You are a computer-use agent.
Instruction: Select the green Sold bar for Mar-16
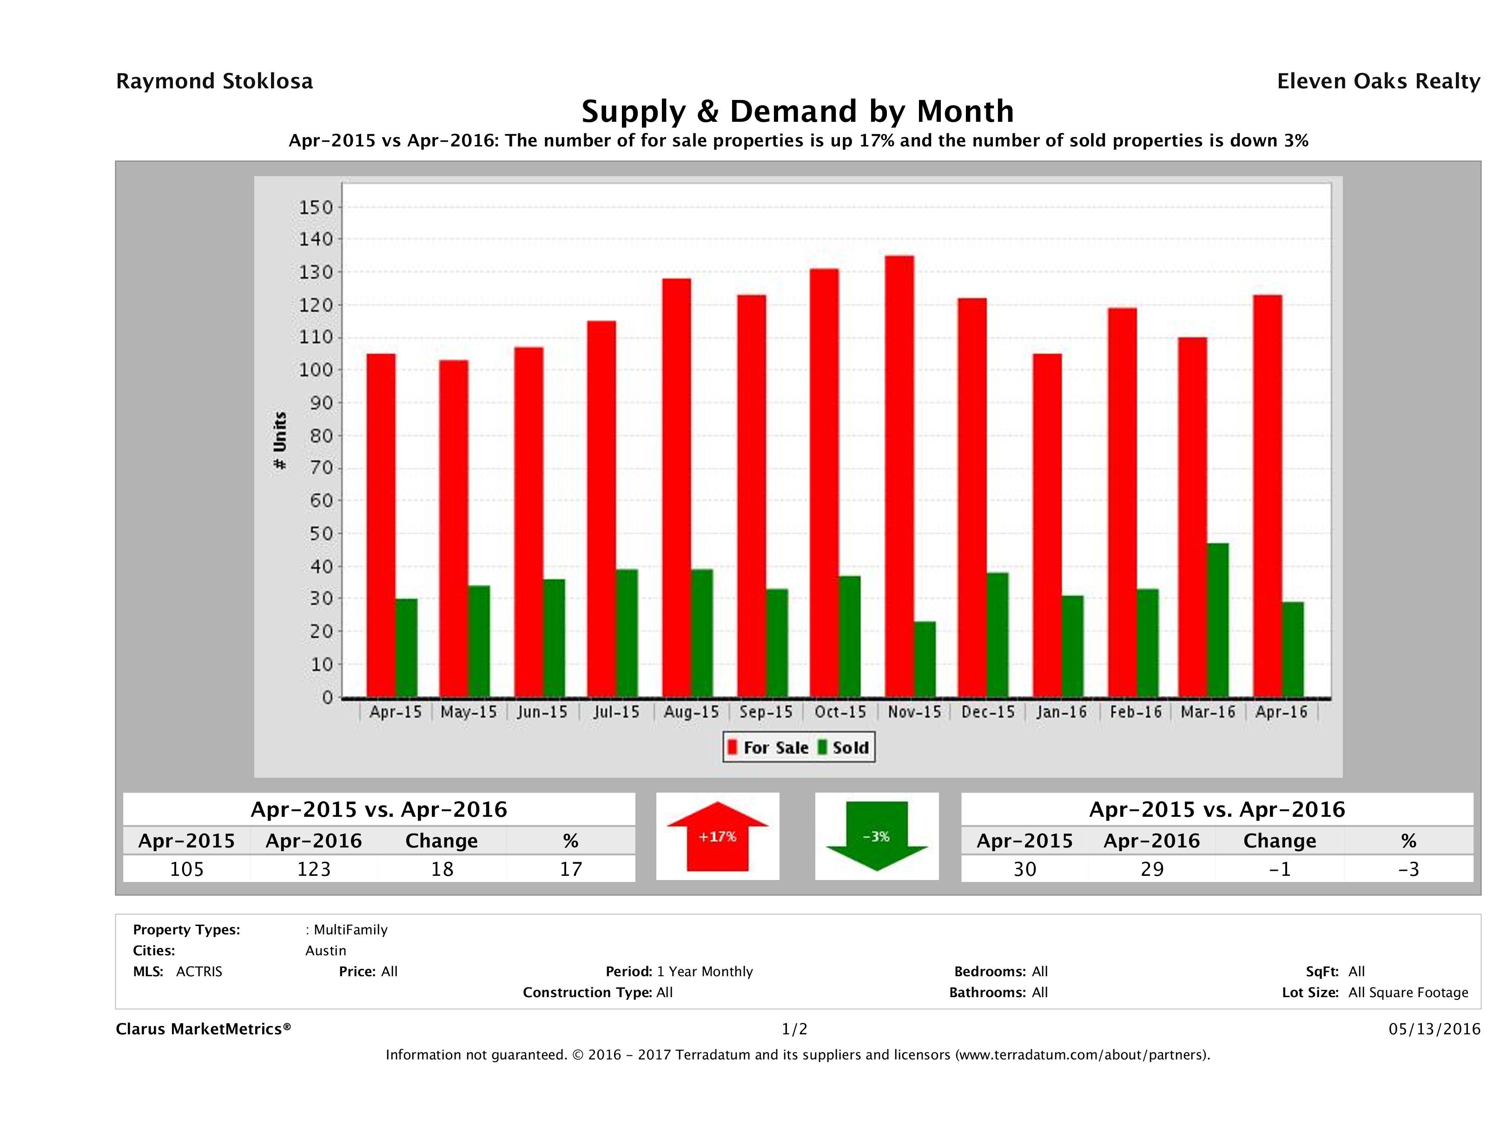1217,620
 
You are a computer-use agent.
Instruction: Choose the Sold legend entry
844,748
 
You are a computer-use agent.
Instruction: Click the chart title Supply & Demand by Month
798,111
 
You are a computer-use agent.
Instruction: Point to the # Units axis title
279,441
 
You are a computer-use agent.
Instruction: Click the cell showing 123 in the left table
313,869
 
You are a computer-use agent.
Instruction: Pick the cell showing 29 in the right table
1151,869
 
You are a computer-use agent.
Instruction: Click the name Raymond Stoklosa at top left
214,81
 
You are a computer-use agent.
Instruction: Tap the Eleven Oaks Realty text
1378,81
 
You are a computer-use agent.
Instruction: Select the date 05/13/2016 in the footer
1434,1029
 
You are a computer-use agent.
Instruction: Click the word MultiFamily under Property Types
350,930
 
